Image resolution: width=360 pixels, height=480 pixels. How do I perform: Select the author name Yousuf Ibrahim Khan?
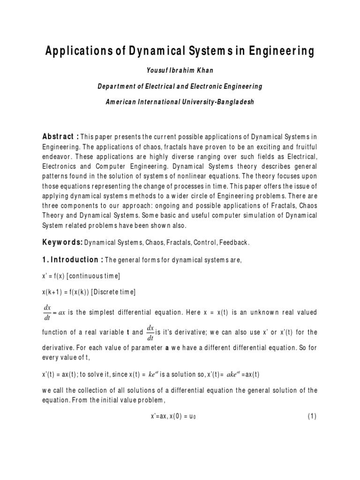click(180, 70)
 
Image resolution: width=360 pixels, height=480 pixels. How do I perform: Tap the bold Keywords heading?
click(63, 243)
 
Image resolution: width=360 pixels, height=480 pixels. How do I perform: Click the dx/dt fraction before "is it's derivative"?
click(150, 332)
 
